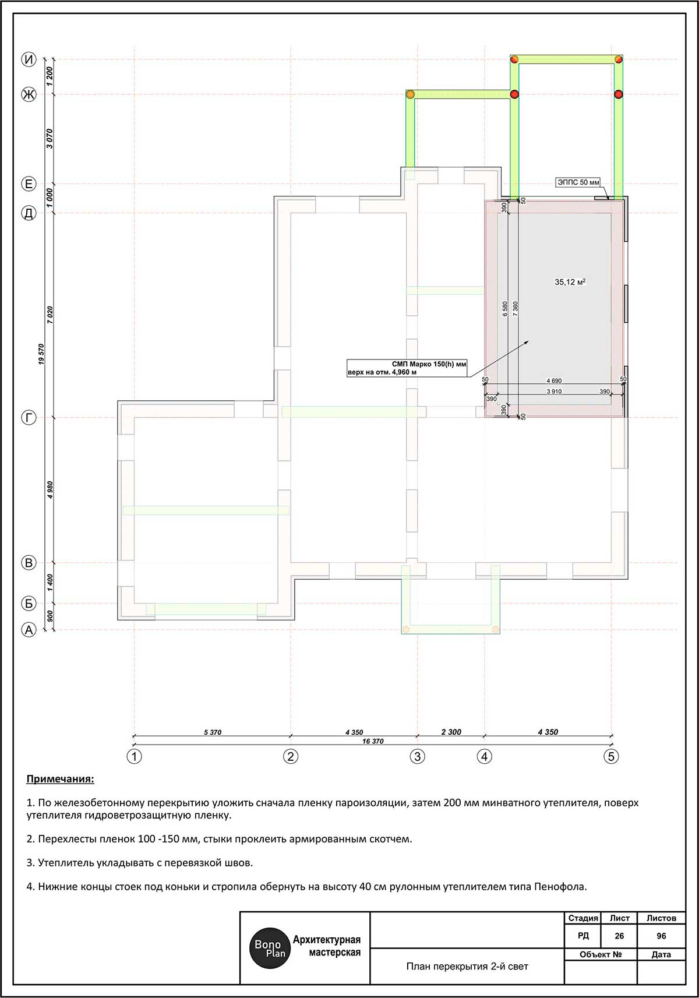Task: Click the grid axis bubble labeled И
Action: pos(29,59)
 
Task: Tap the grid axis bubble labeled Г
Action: pos(29,418)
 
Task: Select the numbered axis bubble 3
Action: pos(418,756)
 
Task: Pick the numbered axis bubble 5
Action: pos(611,756)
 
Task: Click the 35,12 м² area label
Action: pos(570,281)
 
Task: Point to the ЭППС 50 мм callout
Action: pos(578,182)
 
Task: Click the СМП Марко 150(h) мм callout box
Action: pos(407,368)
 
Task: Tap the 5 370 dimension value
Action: pos(213,732)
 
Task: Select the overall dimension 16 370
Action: pos(373,741)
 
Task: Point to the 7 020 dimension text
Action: pos(50,315)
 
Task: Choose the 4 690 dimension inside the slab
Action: pos(554,380)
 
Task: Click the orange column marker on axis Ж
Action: pos(410,94)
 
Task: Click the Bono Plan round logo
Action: pos(269,948)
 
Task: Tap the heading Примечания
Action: pos(60,780)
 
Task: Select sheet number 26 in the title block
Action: pos(619,936)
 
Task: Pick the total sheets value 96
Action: pos(661,936)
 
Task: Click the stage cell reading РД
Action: pos(583,936)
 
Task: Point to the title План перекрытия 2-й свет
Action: pos(467,966)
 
